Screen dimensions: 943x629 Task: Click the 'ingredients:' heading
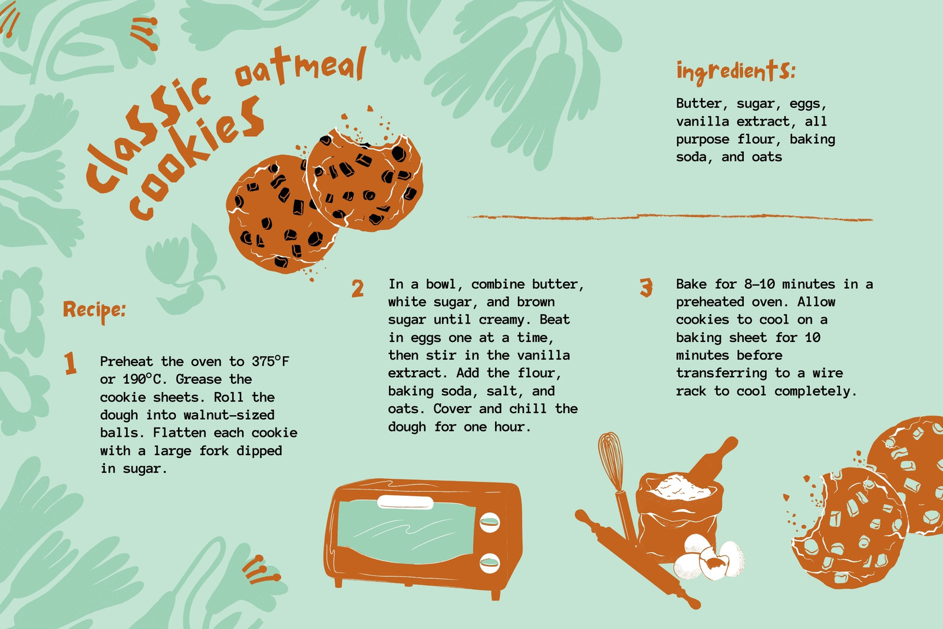(736, 71)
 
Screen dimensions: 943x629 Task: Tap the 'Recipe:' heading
(94, 311)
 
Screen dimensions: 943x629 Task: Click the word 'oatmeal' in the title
(301, 67)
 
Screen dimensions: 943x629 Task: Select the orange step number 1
(70, 363)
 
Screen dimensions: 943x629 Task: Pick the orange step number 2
(357, 288)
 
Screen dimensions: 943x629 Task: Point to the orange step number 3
(646, 288)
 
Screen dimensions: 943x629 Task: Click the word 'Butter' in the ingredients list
(699, 104)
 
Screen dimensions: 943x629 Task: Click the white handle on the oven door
(405, 502)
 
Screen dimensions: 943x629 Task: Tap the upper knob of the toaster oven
(490, 522)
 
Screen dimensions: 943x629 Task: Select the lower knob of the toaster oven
(490, 563)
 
